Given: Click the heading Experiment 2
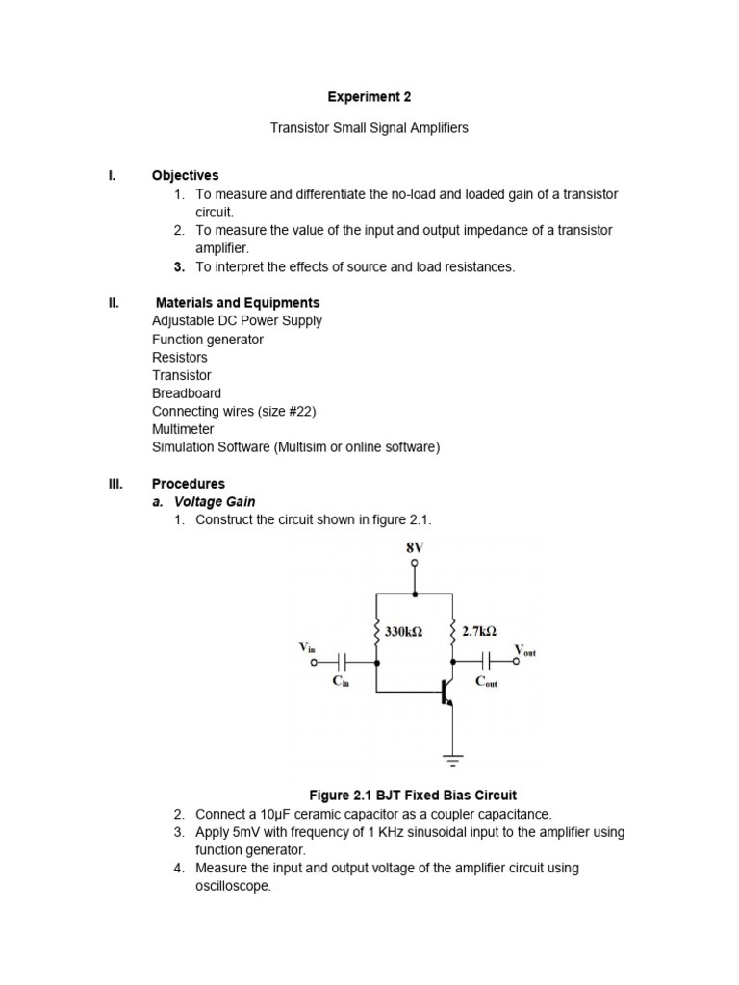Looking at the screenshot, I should (x=370, y=97).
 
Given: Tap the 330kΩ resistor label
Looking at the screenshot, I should (x=403, y=633).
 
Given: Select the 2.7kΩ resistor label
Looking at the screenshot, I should (x=478, y=632).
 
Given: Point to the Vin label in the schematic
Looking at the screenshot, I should (x=307, y=648).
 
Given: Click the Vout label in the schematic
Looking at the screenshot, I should (x=524, y=651).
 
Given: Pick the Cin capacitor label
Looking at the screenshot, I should (x=341, y=681).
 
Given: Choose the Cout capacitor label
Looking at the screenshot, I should (x=487, y=682).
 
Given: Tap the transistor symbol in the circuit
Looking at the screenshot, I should (x=446, y=693).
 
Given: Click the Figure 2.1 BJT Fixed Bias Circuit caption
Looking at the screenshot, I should (x=412, y=796).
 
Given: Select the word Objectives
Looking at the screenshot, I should (x=185, y=176).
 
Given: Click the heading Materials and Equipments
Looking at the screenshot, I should (x=238, y=303).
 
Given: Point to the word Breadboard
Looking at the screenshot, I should (x=186, y=393).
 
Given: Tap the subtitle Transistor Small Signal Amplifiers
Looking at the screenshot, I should (x=370, y=128).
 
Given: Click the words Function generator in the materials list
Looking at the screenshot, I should (x=207, y=340).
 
